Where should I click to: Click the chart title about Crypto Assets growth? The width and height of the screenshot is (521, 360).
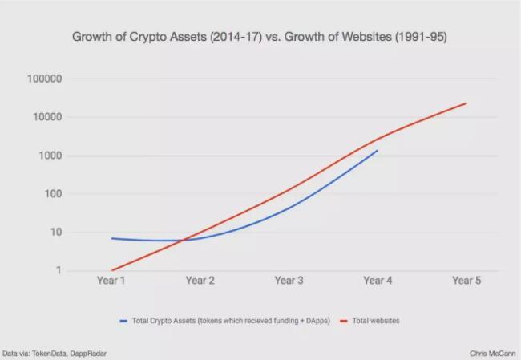click(x=260, y=37)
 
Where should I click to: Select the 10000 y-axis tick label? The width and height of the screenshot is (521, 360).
click(x=49, y=117)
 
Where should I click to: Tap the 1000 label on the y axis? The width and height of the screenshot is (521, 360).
click(x=51, y=156)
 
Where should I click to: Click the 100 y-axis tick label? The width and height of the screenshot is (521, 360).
click(x=54, y=194)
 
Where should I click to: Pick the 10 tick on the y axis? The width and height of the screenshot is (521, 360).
click(x=56, y=233)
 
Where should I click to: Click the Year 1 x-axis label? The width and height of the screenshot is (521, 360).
click(x=111, y=281)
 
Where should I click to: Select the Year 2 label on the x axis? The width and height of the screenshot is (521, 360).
click(x=200, y=281)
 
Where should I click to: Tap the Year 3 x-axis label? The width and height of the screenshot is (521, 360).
click(x=289, y=281)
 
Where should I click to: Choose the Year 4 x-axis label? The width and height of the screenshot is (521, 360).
click(x=378, y=281)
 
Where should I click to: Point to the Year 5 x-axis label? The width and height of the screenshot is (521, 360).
click(x=466, y=281)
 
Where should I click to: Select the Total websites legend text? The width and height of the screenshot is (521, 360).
click(x=377, y=321)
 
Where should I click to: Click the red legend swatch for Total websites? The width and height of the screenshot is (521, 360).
click(x=343, y=321)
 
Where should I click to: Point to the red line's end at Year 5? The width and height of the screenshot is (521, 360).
click(x=466, y=103)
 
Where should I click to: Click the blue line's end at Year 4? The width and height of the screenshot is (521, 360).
click(x=378, y=150)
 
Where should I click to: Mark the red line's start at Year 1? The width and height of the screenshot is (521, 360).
click(x=112, y=270)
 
